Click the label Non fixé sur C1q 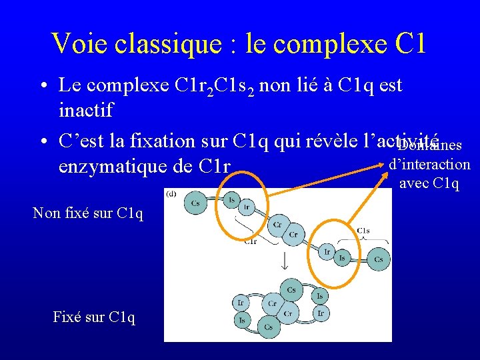87,213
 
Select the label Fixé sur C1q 94,317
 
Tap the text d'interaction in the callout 429,165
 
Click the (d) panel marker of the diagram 172,194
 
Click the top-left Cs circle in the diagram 195,203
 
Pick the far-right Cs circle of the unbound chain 378,259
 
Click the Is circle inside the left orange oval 231,199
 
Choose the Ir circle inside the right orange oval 327,251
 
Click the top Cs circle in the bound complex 291,290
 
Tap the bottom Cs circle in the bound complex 267,327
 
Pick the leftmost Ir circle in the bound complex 241,303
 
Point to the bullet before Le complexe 42,86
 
